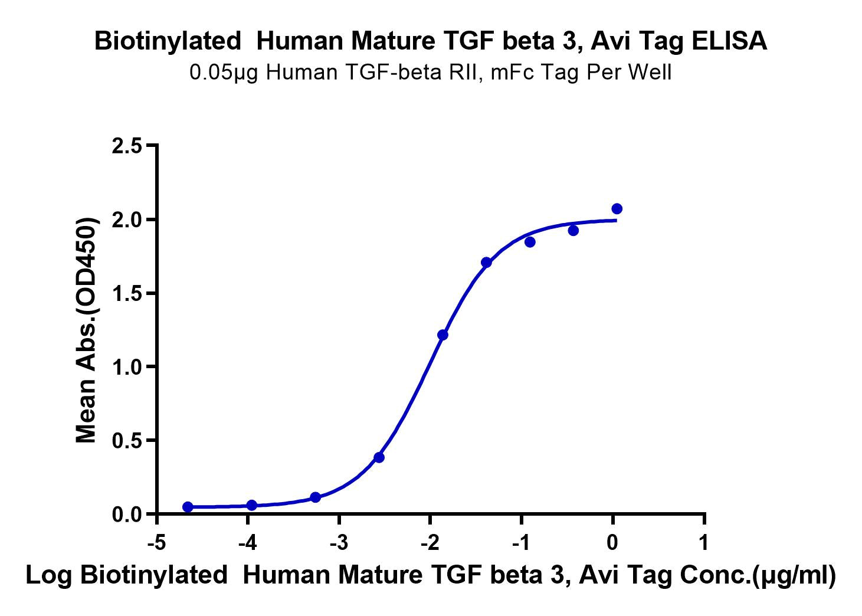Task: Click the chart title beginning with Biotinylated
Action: tap(431, 42)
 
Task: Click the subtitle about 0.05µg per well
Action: tap(431, 73)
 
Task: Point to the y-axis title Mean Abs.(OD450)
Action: tap(87, 330)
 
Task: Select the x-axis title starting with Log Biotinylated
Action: tap(431, 575)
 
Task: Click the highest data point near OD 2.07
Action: tap(617, 209)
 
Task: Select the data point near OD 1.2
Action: tap(443, 335)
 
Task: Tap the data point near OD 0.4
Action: tap(379, 457)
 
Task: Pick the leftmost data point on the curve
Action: tap(188, 507)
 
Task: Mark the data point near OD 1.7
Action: tap(486, 262)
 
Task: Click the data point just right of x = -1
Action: tap(530, 242)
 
